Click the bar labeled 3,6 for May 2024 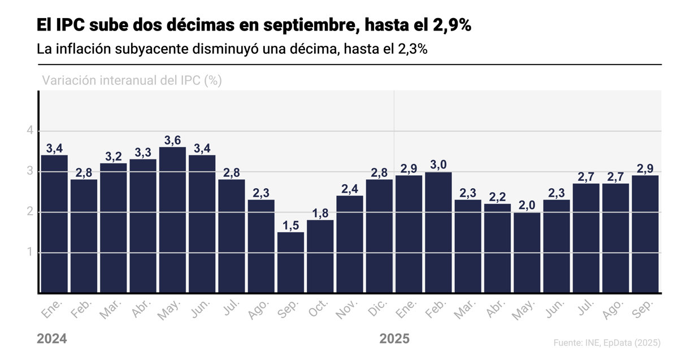tap(172, 220)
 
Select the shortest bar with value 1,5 tap(290, 263)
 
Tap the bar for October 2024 tap(320, 257)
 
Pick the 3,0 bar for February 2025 tap(438, 232)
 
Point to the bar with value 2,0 tap(527, 253)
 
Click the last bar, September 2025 tap(645, 235)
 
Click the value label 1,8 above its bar tap(320, 213)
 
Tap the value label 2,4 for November tap(350, 189)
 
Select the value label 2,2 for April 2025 tap(497, 197)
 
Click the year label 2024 tap(52, 339)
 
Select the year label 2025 tap(394, 339)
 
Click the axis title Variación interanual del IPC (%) tap(132, 80)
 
